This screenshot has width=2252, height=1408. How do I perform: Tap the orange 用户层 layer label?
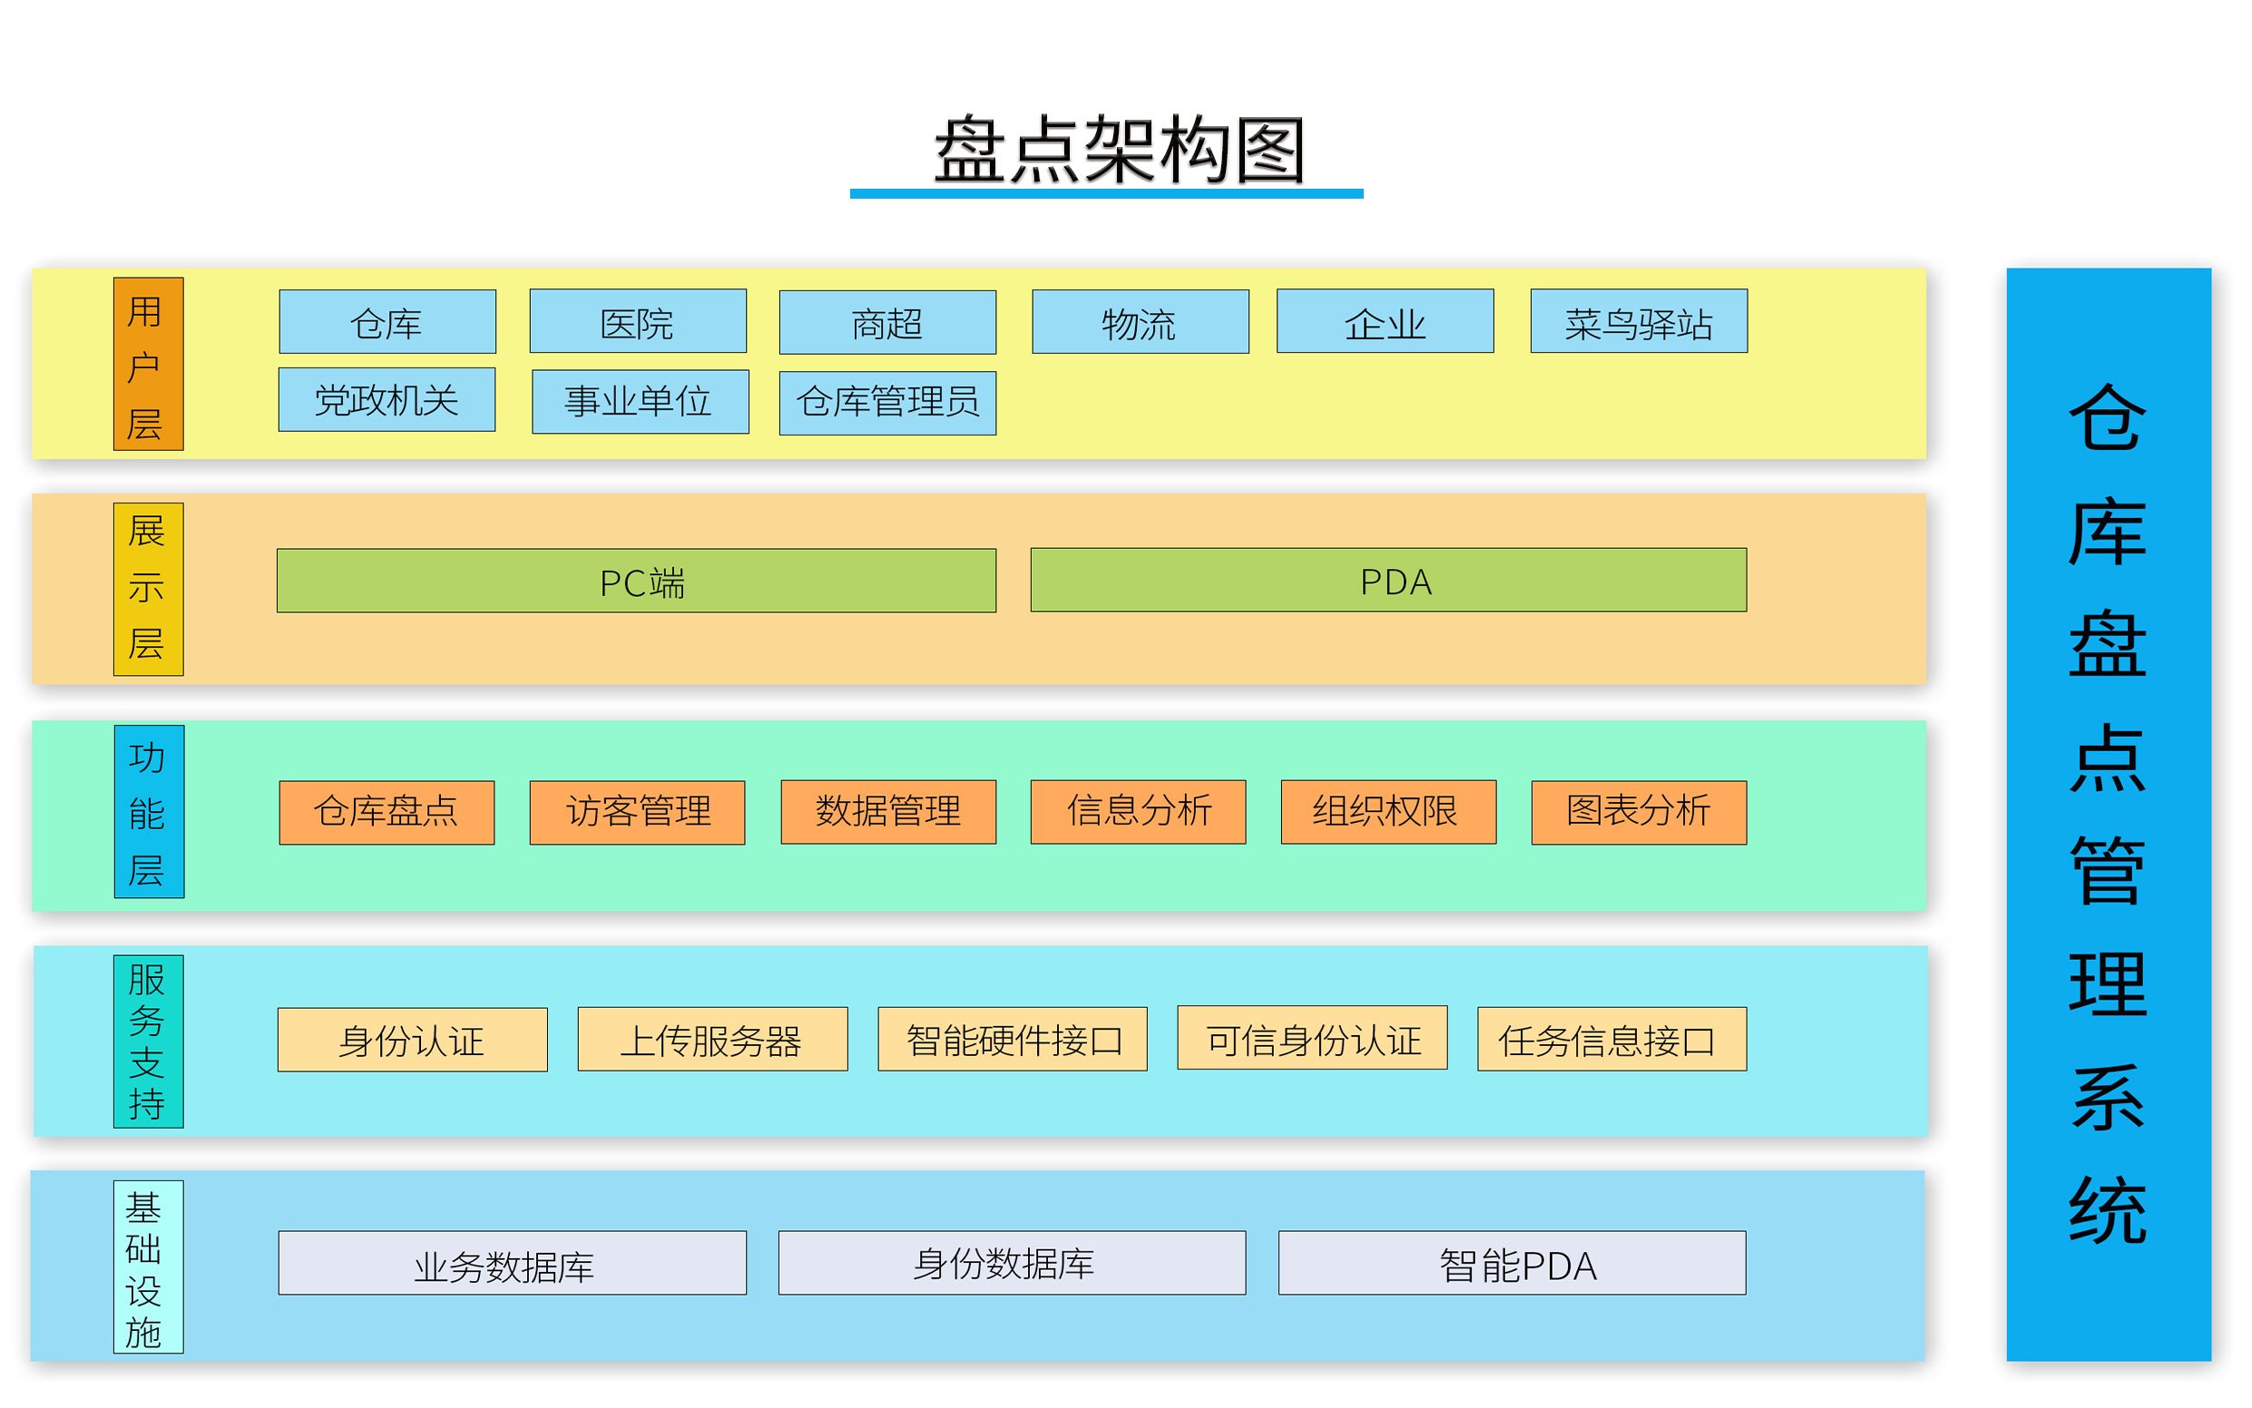pyautogui.click(x=148, y=364)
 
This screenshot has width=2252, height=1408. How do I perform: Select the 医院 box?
pyautogui.click(x=638, y=322)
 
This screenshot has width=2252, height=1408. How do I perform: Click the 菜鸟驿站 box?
pyautogui.click(x=1639, y=322)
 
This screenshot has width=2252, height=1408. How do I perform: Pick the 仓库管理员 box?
pyautogui.click(x=887, y=403)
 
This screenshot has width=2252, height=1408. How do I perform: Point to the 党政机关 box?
pyautogui.click(x=387, y=400)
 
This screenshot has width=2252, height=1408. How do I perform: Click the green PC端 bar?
pyautogui.click(x=636, y=582)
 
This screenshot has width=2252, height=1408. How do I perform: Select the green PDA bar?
pyautogui.click(x=1387, y=582)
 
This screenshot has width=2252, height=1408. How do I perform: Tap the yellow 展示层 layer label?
pyautogui.click(x=148, y=590)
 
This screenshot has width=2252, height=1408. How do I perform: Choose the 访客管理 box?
pyautogui.click(x=637, y=813)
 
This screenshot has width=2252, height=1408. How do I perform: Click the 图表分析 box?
pyautogui.click(x=1639, y=813)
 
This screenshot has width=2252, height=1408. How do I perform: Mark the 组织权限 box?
pyautogui.click(x=1387, y=812)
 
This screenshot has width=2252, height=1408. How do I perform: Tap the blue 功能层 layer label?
pyautogui.click(x=149, y=812)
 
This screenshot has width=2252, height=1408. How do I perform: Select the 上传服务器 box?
pyautogui.click(x=712, y=1040)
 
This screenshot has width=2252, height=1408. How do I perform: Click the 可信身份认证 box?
pyautogui.click(x=1311, y=1038)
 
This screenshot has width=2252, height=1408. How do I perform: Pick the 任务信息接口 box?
pyautogui.click(x=1611, y=1040)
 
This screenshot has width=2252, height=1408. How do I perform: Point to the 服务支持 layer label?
pyautogui.click(x=148, y=1042)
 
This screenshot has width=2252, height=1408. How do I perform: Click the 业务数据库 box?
pyautogui.click(x=513, y=1264)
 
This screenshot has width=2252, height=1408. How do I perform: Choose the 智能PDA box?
pyautogui.click(x=1512, y=1264)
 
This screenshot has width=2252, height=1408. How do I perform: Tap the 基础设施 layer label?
pyautogui.click(x=148, y=1267)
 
